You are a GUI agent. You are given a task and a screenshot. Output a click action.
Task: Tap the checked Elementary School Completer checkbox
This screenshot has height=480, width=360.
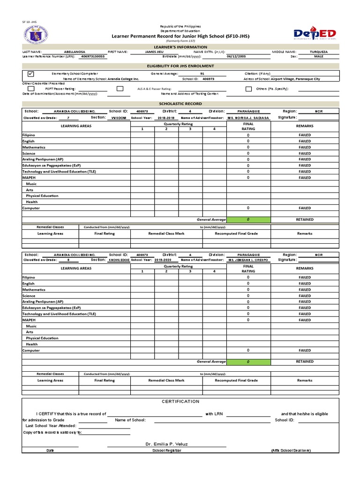click(x=31, y=74)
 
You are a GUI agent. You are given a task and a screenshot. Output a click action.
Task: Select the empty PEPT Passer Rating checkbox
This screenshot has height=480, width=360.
click(x=31, y=88)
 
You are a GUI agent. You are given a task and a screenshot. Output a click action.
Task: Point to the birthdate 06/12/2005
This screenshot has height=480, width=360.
click(x=236, y=56)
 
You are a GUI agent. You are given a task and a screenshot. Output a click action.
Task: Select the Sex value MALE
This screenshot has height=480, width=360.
click(x=319, y=56)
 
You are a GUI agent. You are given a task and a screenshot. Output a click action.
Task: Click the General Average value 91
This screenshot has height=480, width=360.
click(x=202, y=74)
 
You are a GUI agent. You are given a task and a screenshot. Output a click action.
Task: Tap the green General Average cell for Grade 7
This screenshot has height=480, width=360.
click(x=248, y=219)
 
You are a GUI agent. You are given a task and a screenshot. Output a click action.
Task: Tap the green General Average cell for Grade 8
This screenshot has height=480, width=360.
click(x=248, y=362)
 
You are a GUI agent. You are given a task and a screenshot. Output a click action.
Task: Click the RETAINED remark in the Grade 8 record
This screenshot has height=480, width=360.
click(x=305, y=362)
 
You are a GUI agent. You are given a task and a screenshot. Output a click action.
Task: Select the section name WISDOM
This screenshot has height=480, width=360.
click(x=119, y=118)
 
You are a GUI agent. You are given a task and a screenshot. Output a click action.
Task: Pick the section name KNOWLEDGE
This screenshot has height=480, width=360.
click(x=119, y=260)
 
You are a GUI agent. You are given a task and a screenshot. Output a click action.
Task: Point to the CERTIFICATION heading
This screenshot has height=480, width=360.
click(x=180, y=401)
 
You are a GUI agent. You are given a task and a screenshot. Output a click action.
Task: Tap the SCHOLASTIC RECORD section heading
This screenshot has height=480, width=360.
click(x=180, y=103)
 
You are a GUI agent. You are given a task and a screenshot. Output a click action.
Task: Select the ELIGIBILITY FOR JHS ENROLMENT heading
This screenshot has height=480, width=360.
click(x=180, y=66)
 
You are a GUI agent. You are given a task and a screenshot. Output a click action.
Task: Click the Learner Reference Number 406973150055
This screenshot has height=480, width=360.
click(x=93, y=56)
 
